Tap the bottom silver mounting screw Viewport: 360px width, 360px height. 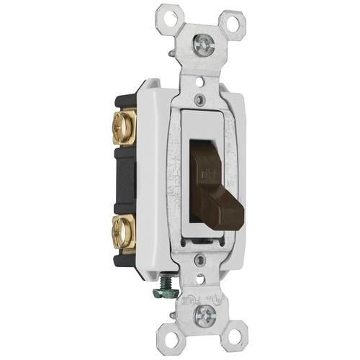[205, 313]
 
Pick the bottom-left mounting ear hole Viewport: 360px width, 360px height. [176, 336]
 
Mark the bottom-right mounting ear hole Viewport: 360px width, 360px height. [236, 344]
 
